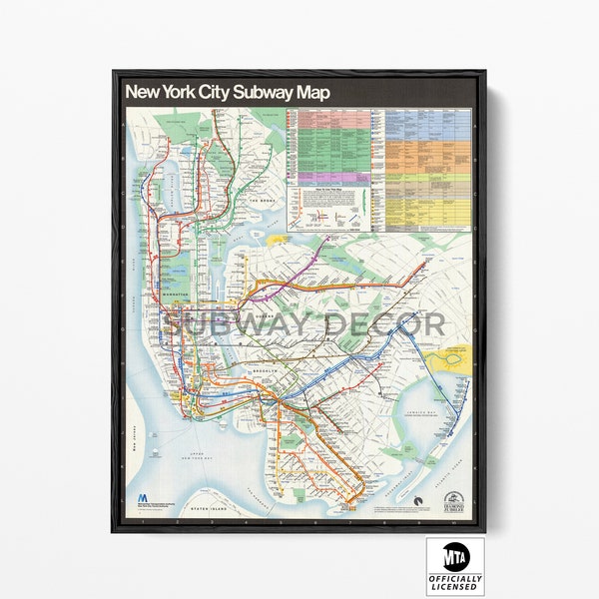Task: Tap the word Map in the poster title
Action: pyautogui.click(x=312, y=92)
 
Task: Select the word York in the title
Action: pyautogui.click(x=179, y=92)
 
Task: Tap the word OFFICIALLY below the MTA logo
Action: pyautogui.click(x=455, y=579)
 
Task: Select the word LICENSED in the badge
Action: pyautogui.click(x=455, y=588)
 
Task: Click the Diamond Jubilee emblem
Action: pyautogui.click(x=453, y=498)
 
